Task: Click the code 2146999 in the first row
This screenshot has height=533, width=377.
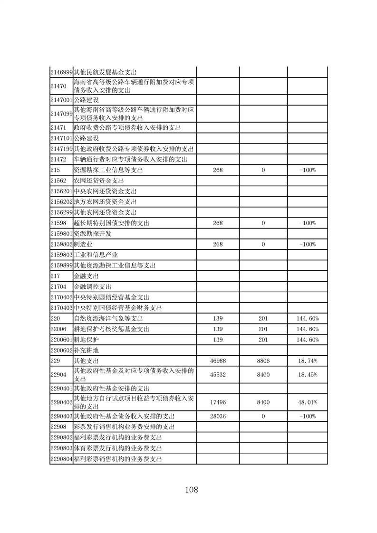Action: coord(61,72)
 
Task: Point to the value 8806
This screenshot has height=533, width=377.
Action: coord(263,361)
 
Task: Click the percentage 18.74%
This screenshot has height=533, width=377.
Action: coord(308,361)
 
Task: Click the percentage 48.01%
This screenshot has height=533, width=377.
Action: coord(308,402)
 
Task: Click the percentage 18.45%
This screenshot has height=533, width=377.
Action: coord(308,375)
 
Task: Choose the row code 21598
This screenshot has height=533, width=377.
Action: coord(57,223)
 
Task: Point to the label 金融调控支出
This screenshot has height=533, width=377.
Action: coord(92,286)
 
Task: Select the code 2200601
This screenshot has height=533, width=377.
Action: coord(61,340)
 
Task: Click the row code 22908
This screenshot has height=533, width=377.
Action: coord(57,427)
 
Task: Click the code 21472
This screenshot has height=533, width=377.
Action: coord(57,159)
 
